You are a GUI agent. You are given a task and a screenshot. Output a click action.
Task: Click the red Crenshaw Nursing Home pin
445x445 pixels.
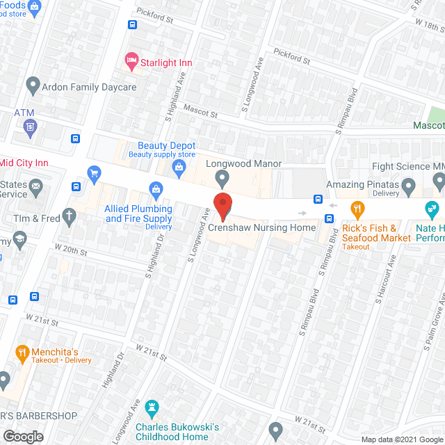pos(222,206)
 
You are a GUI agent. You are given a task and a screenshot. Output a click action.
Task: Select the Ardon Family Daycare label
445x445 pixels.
pos(90,88)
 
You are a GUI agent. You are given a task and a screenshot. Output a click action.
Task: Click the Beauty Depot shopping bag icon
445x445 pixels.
pos(179,166)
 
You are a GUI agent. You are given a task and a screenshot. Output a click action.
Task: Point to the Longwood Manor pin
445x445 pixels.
pos(222,179)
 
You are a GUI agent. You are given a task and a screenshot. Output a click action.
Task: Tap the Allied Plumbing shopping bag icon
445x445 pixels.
pos(156,188)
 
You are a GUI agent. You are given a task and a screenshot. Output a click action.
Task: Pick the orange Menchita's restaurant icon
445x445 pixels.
pos(22,352)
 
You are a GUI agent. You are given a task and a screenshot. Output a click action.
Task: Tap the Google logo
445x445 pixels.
pos(22,436)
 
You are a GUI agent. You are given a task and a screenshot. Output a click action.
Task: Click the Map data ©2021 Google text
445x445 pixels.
pos(401,439)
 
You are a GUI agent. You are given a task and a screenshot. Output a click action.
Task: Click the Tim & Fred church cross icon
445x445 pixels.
pos(69,216)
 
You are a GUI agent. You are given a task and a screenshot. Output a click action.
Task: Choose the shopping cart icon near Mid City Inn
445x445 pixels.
pos(92,172)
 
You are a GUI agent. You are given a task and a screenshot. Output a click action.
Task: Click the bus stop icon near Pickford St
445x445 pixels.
pos(132,25)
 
